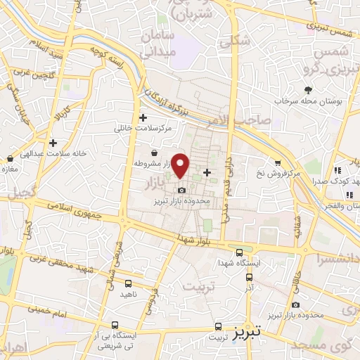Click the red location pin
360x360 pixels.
[181, 165]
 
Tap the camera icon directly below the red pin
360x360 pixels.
[182, 190]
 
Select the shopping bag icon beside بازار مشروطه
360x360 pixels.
[154, 153]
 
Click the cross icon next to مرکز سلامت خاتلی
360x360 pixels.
[143, 118]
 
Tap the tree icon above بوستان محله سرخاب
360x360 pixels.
[308, 90]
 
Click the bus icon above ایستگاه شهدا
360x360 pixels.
[240, 252]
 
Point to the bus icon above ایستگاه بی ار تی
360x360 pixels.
[115, 325]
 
